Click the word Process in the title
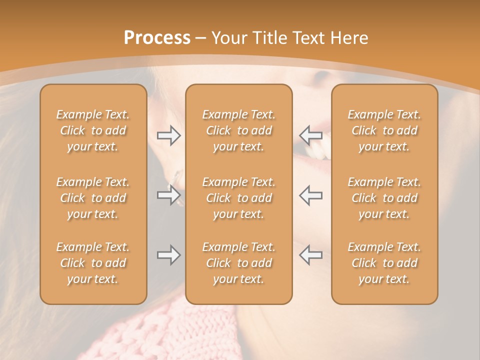(x=157, y=38)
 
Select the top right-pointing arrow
(x=168, y=135)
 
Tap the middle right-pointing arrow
(x=168, y=195)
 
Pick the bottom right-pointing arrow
(x=168, y=255)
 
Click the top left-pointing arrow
(x=310, y=135)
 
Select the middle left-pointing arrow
(x=310, y=195)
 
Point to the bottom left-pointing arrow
(x=310, y=255)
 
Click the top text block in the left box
(x=93, y=130)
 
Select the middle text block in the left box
(x=93, y=198)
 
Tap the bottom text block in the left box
(x=93, y=263)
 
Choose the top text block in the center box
(x=238, y=130)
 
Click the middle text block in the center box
(x=238, y=198)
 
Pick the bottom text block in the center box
(x=238, y=263)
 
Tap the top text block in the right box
(x=384, y=130)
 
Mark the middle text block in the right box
(x=384, y=198)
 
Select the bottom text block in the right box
(x=384, y=263)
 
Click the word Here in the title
(x=350, y=38)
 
